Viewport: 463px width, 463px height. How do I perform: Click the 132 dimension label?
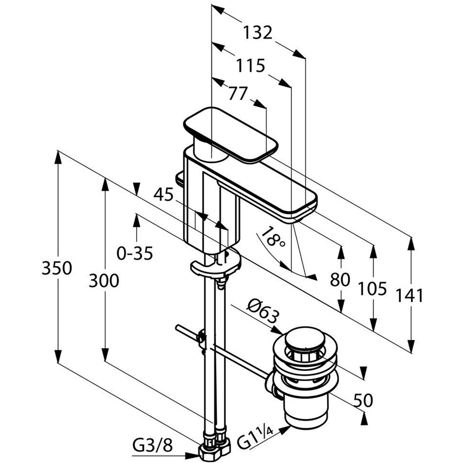pos(257,33)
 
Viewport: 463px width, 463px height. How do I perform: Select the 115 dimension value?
pos(250,66)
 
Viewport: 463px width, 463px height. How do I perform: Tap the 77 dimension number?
pos(238,94)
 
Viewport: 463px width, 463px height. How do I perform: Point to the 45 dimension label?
pos(163,194)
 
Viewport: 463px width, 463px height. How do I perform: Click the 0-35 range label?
pos(135,253)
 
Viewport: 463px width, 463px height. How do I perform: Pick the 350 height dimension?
pos(56,268)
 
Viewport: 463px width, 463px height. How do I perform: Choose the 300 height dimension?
pos(104,281)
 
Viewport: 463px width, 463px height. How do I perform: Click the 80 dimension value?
pos(340,279)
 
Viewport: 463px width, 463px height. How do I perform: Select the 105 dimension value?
pos(372,288)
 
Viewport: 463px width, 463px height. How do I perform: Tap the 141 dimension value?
pos(410,295)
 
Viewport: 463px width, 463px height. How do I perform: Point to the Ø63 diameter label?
pos(263,311)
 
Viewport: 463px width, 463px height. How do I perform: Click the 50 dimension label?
pos(363,400)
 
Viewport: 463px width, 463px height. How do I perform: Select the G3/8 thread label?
pos(152,445)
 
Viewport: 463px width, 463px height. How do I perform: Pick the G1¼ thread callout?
pos(255,438)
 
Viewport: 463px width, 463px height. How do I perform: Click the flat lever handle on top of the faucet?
pos(231,135)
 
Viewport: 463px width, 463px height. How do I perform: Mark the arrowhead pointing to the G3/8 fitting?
pos(193,456)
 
